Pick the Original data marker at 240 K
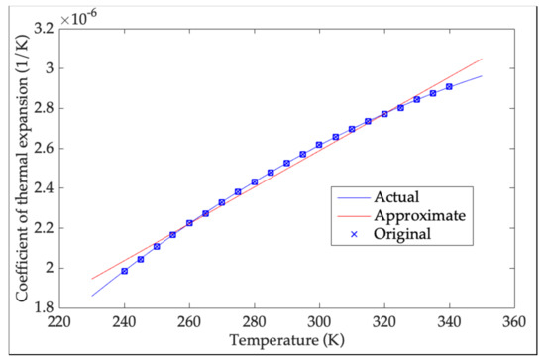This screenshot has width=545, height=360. [125, 271]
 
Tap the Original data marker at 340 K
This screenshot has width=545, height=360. [449, 87]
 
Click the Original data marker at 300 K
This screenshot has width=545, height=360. [319, 145]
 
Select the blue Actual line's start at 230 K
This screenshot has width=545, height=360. [92, 296]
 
